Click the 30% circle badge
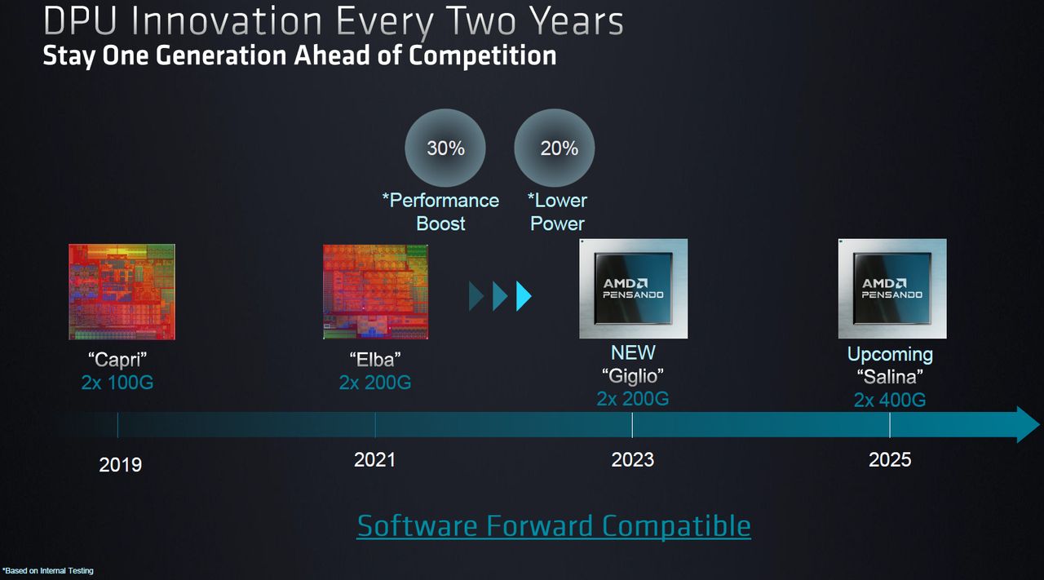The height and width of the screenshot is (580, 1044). pyautogui.click(x=445, y=148)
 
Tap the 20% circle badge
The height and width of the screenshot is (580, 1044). pyautogui.click(x=555, y=148)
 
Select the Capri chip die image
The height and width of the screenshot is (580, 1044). pyautogui.click(x=122, y=291)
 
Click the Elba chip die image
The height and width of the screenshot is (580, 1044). pyautogui.click(x=376, y=291)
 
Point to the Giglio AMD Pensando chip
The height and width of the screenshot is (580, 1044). pyautogui.click(x=633, y=289)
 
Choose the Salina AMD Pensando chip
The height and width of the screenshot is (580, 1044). pyautogui.click(x=891, y=289)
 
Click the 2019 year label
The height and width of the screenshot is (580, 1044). pyautogui.click(x=120, y=464)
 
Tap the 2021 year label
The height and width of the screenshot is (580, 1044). pyautogui.click(x=374, y=460)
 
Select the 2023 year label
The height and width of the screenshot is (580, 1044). pyautogui.click(x=632, y=460)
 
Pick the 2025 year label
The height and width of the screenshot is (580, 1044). pyautogui.click(x=890, y=460)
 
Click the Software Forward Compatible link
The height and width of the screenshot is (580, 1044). pyautogui.click(x=554, y=525)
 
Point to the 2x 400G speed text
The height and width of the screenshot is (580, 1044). pyautogui.click(x=890, y=400)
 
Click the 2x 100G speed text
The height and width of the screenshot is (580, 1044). pyautogui.click(x=117, y=382)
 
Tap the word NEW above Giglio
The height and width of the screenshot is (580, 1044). pyautogui.click(x=633, y=352)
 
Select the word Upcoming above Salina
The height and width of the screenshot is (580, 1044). pyautogui.click(x=890, y=354)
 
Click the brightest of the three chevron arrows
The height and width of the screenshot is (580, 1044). pyautogui.click(x=524, y=296)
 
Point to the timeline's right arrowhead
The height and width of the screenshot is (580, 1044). pyautogui.click(x=1027, y=425)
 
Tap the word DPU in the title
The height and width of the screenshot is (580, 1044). pyautogui.click(x=82, y=21)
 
